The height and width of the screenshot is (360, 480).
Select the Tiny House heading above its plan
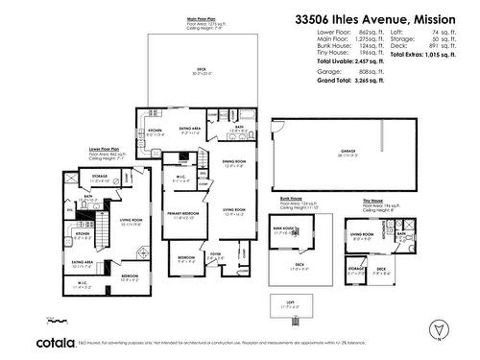(x=373, y=202)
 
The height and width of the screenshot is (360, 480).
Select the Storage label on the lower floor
(x=99, y=177)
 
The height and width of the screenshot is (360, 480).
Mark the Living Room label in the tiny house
(x=362, y=233)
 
